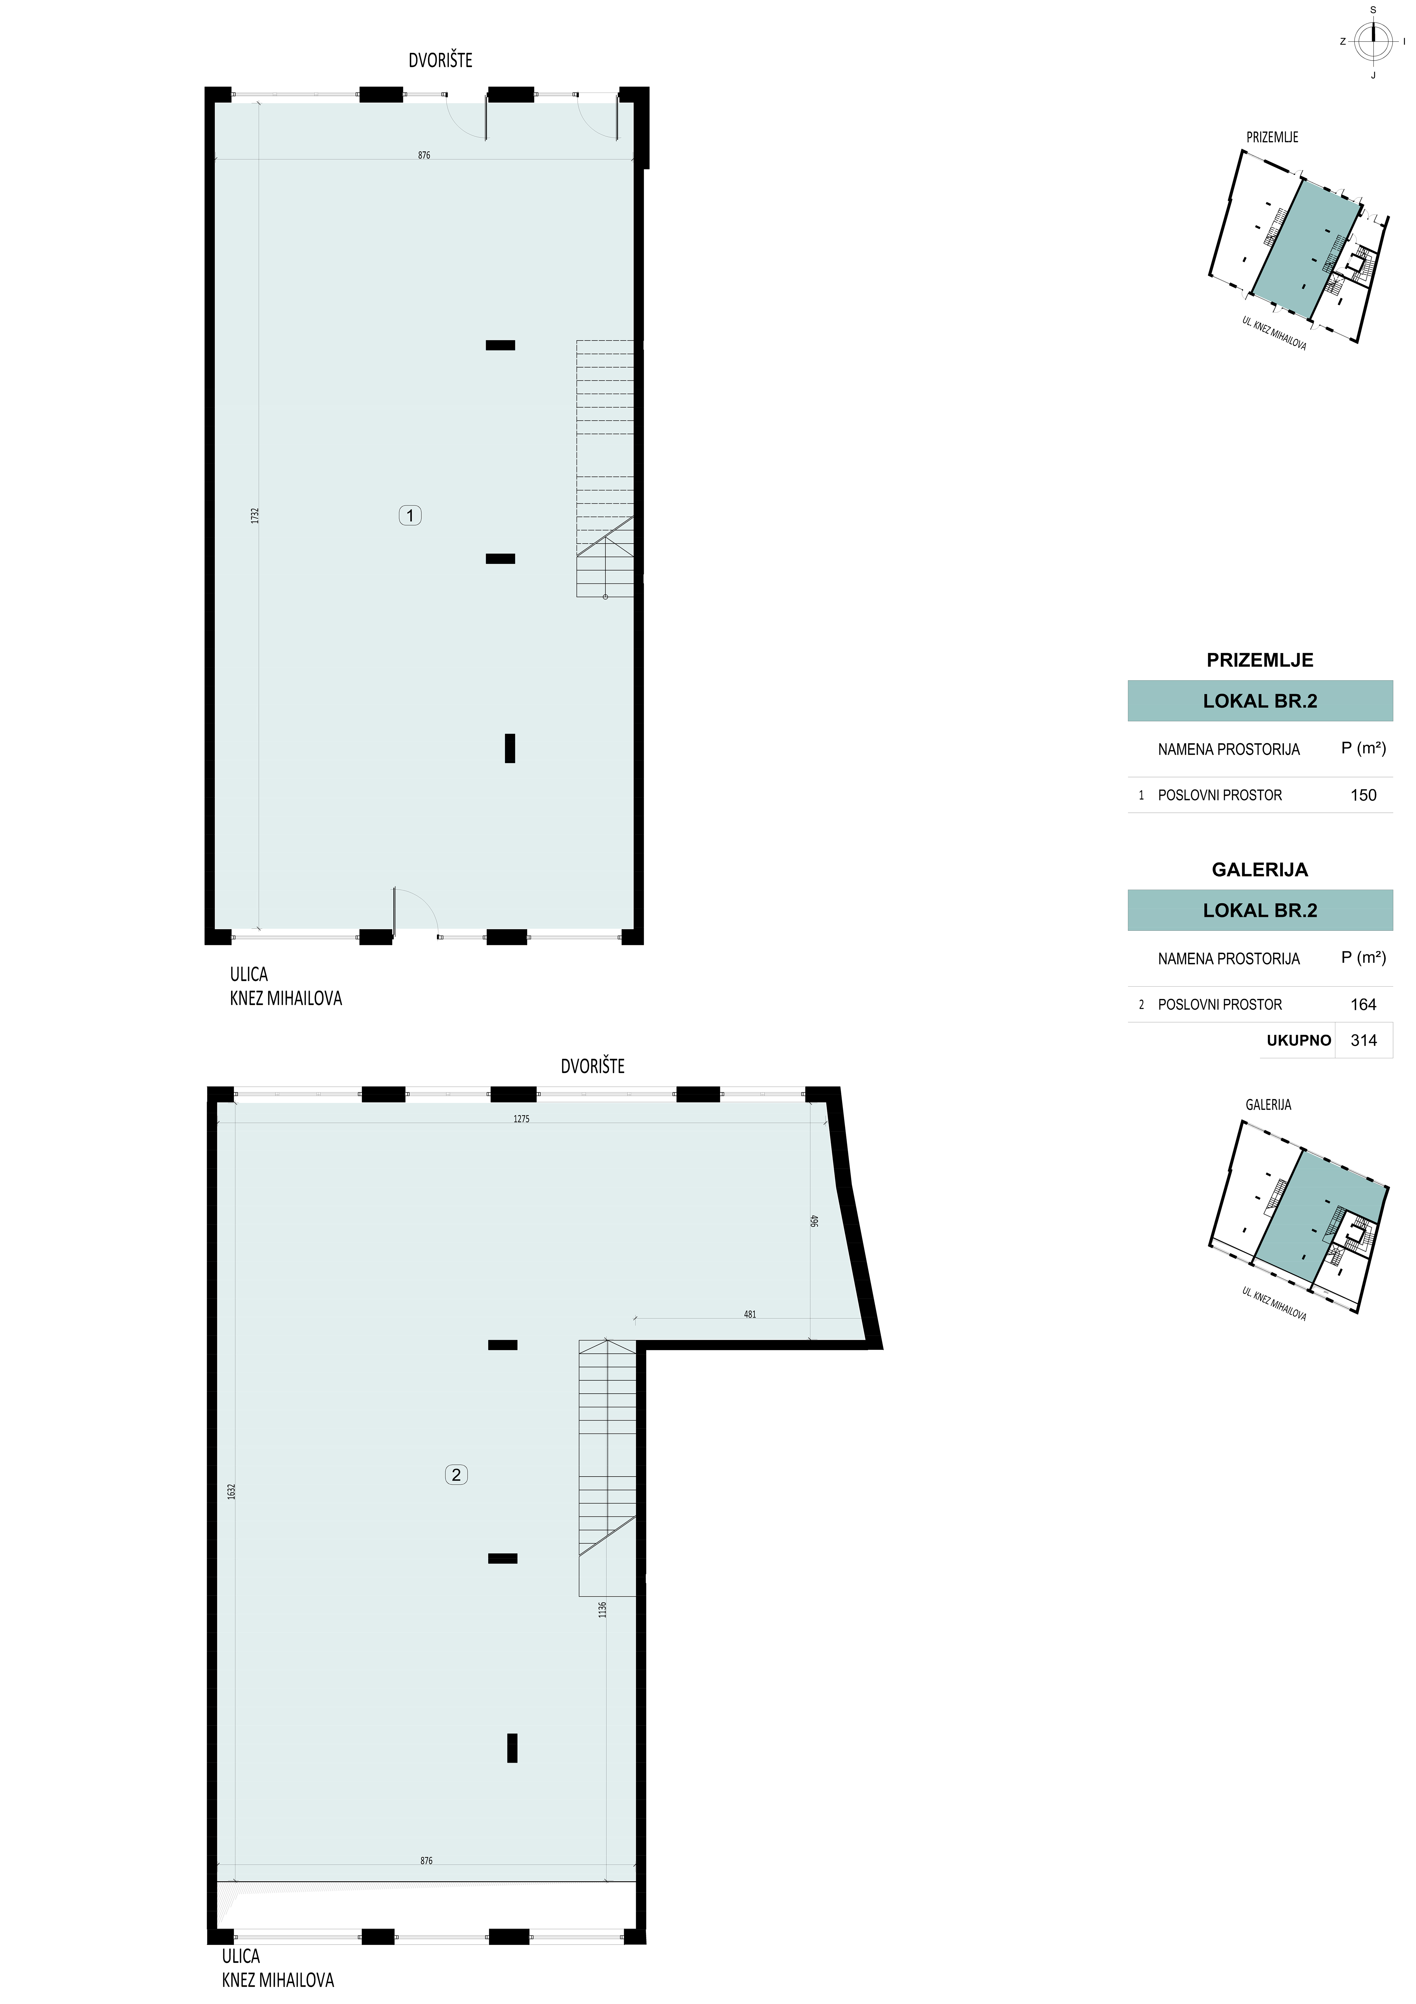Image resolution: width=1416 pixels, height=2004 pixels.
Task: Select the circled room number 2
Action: [x=456, y=1475]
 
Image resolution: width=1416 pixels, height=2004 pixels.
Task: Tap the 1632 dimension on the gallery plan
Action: [x=231, y=1492]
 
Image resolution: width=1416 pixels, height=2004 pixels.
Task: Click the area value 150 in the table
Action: [x=1363, y=795]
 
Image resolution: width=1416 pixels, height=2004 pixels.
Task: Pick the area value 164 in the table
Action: [x=1363, y=1005]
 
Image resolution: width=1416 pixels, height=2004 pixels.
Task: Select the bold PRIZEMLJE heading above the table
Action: [x=1260, y=661]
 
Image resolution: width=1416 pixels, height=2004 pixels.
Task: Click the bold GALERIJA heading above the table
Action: [x=1260, y=870]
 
